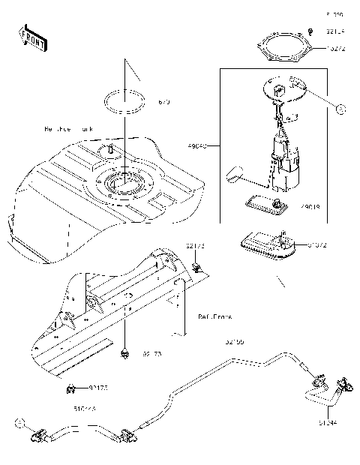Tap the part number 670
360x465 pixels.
coord(164,100)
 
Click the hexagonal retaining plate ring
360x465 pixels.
coord(284,49)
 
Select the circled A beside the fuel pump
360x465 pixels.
coord(340,109)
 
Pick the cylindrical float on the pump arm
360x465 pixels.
coord(235,175)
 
